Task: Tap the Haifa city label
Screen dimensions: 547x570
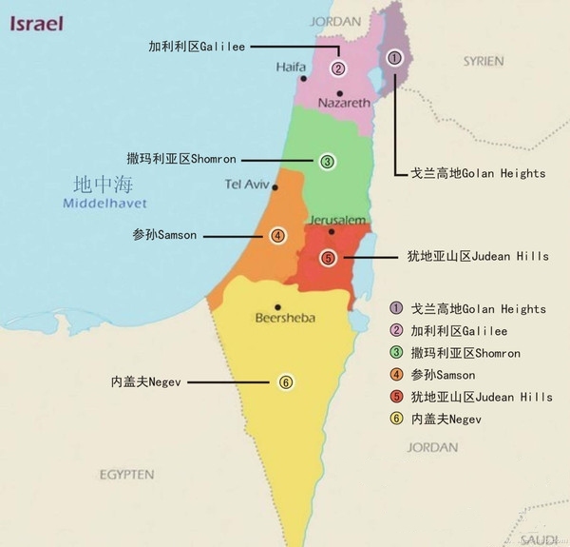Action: pos(292,68)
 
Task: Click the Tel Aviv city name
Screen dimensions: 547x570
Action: pos(248,184)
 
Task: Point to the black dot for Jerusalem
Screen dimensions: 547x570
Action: pos(331,231)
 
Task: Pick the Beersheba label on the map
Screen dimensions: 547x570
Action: pos(286,318)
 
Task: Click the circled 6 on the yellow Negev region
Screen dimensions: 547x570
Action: pos(285,382)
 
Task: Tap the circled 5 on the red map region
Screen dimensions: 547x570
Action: pos(328,258)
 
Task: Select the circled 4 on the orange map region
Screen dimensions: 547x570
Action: pos(277,235)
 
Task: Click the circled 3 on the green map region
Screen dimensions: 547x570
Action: pos(327,162)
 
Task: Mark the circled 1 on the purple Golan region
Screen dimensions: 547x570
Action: pos(394,58)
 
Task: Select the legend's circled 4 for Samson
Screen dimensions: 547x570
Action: pos(395,375)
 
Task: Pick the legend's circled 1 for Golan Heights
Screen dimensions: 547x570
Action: pos(395,309)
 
